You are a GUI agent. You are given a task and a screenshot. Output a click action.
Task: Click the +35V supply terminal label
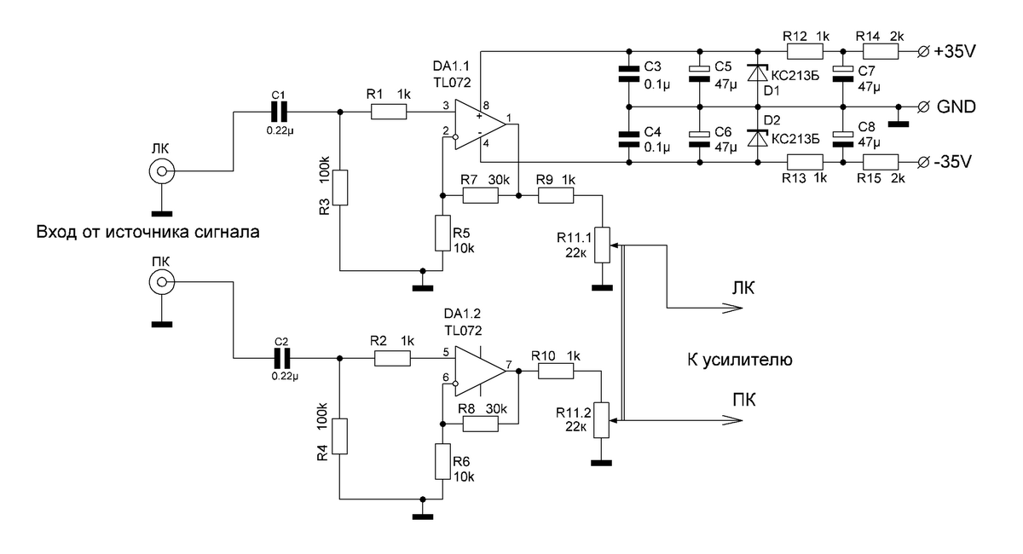click(x=955, y=52)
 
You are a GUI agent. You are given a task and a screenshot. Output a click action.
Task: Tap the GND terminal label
click(x=957, y=107)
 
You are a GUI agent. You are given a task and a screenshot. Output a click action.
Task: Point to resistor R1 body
click(x=388, y=112)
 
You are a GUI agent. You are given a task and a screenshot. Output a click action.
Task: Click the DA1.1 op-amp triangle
click(x=480, y=124)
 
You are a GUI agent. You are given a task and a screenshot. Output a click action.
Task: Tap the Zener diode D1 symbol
click(x=758, y=73)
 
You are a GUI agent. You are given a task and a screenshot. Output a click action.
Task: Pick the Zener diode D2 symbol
click(x=758, y=138)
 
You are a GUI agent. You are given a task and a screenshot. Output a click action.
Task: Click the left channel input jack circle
click(x=162, y=171)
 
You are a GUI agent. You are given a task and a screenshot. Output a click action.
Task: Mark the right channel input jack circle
click(x=162, y=282)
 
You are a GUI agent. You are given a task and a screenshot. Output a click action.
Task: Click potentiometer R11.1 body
click(x=602, y=245)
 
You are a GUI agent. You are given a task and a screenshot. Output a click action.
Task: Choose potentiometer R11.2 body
click(x=602, y=420)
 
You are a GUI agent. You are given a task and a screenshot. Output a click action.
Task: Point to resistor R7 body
click(x=481, y=195)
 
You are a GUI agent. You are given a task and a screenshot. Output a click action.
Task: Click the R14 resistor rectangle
click(x=880, y=52)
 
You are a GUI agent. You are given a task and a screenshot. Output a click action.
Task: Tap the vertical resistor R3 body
click(x=340, y=188)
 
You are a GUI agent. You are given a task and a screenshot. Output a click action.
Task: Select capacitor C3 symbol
click(x=629, y=73)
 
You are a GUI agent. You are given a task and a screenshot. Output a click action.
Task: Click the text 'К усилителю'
click(x=740, y=360)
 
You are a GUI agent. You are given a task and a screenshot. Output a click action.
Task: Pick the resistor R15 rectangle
click(x=881, y=162)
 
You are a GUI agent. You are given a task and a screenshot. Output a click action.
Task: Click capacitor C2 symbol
click(x=282, y=358)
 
